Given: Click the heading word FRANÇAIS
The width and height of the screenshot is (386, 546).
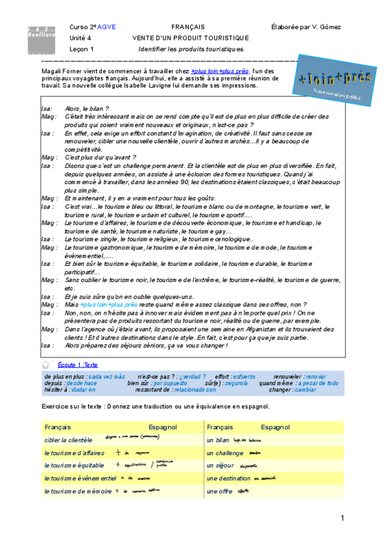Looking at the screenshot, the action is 188,26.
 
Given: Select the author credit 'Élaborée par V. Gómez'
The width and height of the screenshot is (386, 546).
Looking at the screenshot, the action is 306,26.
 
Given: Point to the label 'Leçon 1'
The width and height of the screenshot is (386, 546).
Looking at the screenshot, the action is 82,48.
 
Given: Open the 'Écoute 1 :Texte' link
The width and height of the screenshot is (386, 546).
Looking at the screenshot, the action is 77,364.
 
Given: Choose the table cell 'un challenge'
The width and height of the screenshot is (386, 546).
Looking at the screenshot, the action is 225,453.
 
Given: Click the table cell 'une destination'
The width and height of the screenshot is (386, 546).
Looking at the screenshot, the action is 227,478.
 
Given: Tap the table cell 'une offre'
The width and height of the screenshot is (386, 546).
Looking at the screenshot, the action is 219,491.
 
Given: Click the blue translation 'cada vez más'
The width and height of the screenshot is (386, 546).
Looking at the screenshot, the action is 106,376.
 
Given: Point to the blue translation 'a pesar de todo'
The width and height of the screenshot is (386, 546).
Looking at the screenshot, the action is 318,383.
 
